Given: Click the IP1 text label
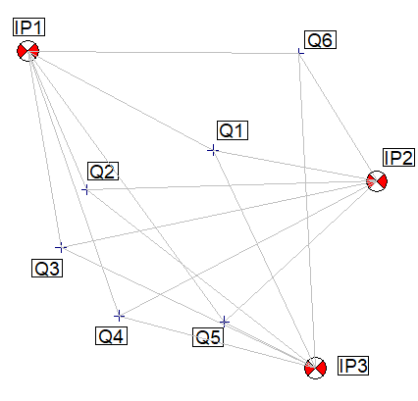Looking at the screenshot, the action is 28,26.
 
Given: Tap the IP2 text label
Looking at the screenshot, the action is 398,158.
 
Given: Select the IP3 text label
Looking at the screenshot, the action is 353,366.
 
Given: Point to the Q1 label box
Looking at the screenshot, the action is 233,130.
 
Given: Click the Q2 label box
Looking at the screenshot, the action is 103,171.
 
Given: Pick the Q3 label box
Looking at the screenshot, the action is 47,268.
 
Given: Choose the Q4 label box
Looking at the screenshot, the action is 111,335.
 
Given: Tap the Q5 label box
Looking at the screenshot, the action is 208,337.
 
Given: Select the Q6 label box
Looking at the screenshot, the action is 320,40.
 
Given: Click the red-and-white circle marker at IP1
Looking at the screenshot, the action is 28,51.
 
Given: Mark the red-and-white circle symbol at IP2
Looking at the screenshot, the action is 377,181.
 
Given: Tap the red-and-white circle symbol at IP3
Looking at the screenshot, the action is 315,369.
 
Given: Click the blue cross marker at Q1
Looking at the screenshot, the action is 213,150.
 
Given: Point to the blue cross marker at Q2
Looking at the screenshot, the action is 85,189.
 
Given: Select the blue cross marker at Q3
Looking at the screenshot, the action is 61,248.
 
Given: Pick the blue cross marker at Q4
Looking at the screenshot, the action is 119,316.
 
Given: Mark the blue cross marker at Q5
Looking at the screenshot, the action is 224,323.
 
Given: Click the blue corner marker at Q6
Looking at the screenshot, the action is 300,52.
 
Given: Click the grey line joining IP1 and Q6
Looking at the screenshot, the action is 164,52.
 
